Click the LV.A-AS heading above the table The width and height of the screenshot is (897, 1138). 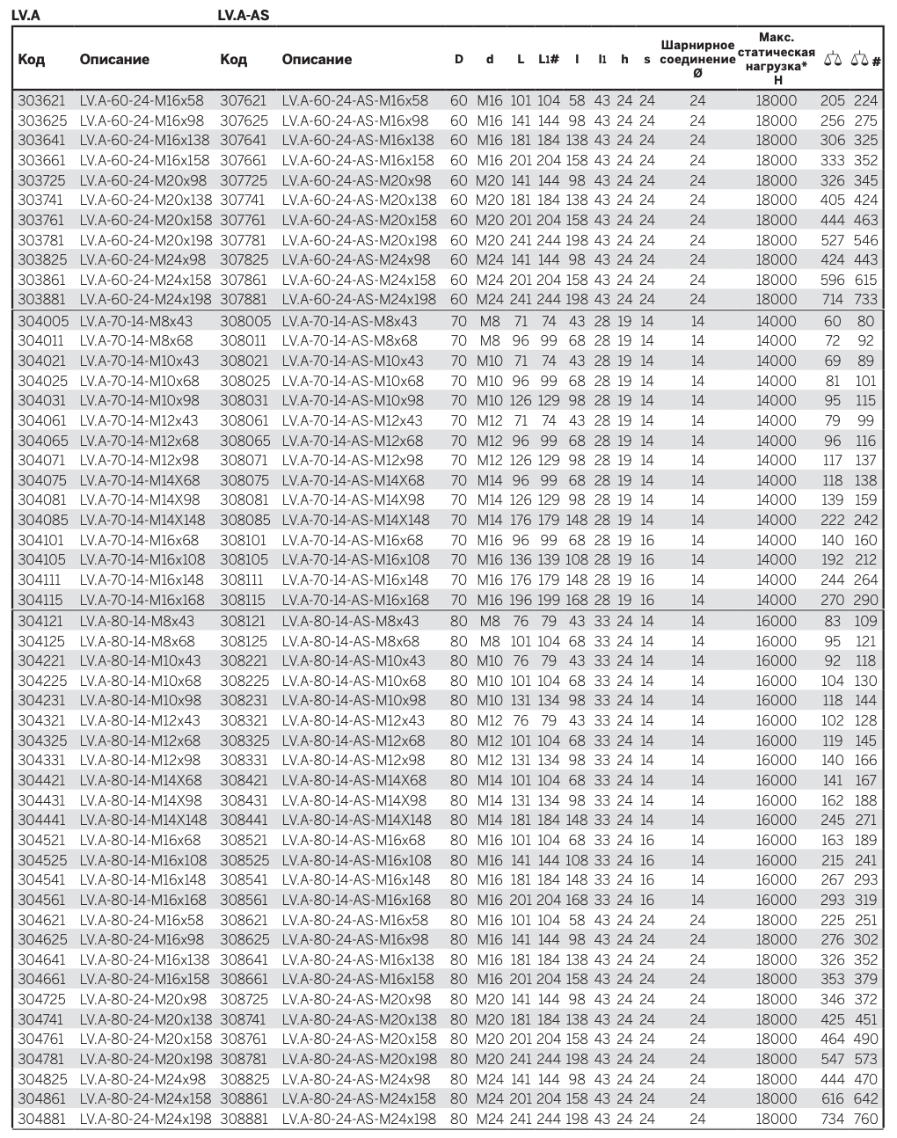243,14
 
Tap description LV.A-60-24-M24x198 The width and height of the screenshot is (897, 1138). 145,300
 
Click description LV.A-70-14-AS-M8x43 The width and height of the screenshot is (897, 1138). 349,321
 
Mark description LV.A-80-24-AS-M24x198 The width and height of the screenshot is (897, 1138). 359,1120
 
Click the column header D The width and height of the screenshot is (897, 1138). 458,60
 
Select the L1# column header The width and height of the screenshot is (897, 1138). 548,60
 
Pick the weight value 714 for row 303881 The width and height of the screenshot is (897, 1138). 832,300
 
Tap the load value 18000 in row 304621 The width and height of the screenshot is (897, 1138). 777,920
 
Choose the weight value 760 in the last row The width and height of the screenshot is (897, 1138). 865,1120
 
